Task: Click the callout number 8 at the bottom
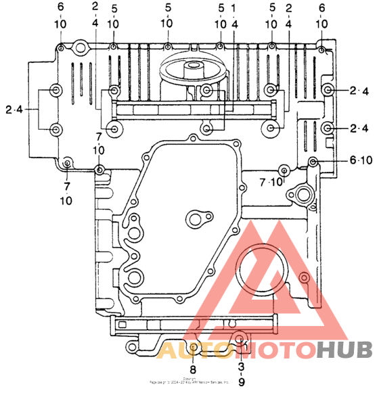[193, 369]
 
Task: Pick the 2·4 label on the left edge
[14, 109]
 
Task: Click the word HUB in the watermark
[344, 350]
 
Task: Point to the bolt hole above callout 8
[194, 348]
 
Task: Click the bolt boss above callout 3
[240, 339]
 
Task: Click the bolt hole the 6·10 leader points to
[313, 161]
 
